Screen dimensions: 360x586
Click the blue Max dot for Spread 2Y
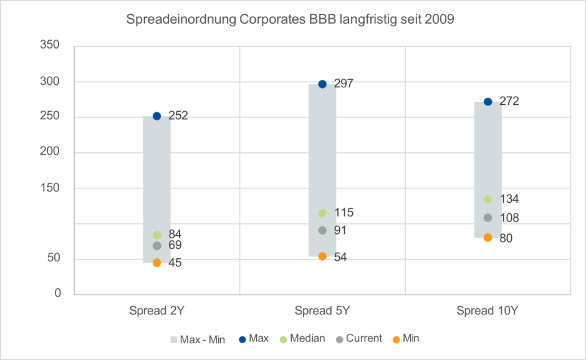tap(156, 116)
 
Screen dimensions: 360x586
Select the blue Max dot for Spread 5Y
tap(322, 84)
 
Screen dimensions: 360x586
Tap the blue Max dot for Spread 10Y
tap(488, 102)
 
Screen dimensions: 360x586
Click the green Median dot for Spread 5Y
tap(322, 213)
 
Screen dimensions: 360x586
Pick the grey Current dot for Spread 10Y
tap(488, 218)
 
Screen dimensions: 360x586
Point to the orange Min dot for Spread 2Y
tap(156, 263)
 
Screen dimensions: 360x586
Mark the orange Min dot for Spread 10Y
tap(488, 238)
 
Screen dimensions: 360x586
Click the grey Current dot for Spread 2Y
tap(156, 246)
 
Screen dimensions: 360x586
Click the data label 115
tap(343, 213)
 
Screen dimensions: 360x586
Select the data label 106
tap(509, 218)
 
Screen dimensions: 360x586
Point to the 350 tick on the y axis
tap(50, 46)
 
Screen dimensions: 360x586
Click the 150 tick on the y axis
tap(50, 188)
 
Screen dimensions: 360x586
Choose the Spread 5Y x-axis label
tap(322, 311)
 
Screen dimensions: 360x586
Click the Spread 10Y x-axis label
tap(488, 311)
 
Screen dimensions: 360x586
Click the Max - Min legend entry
tap(198, 339)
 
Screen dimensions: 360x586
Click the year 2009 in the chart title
tap(441, 20)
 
